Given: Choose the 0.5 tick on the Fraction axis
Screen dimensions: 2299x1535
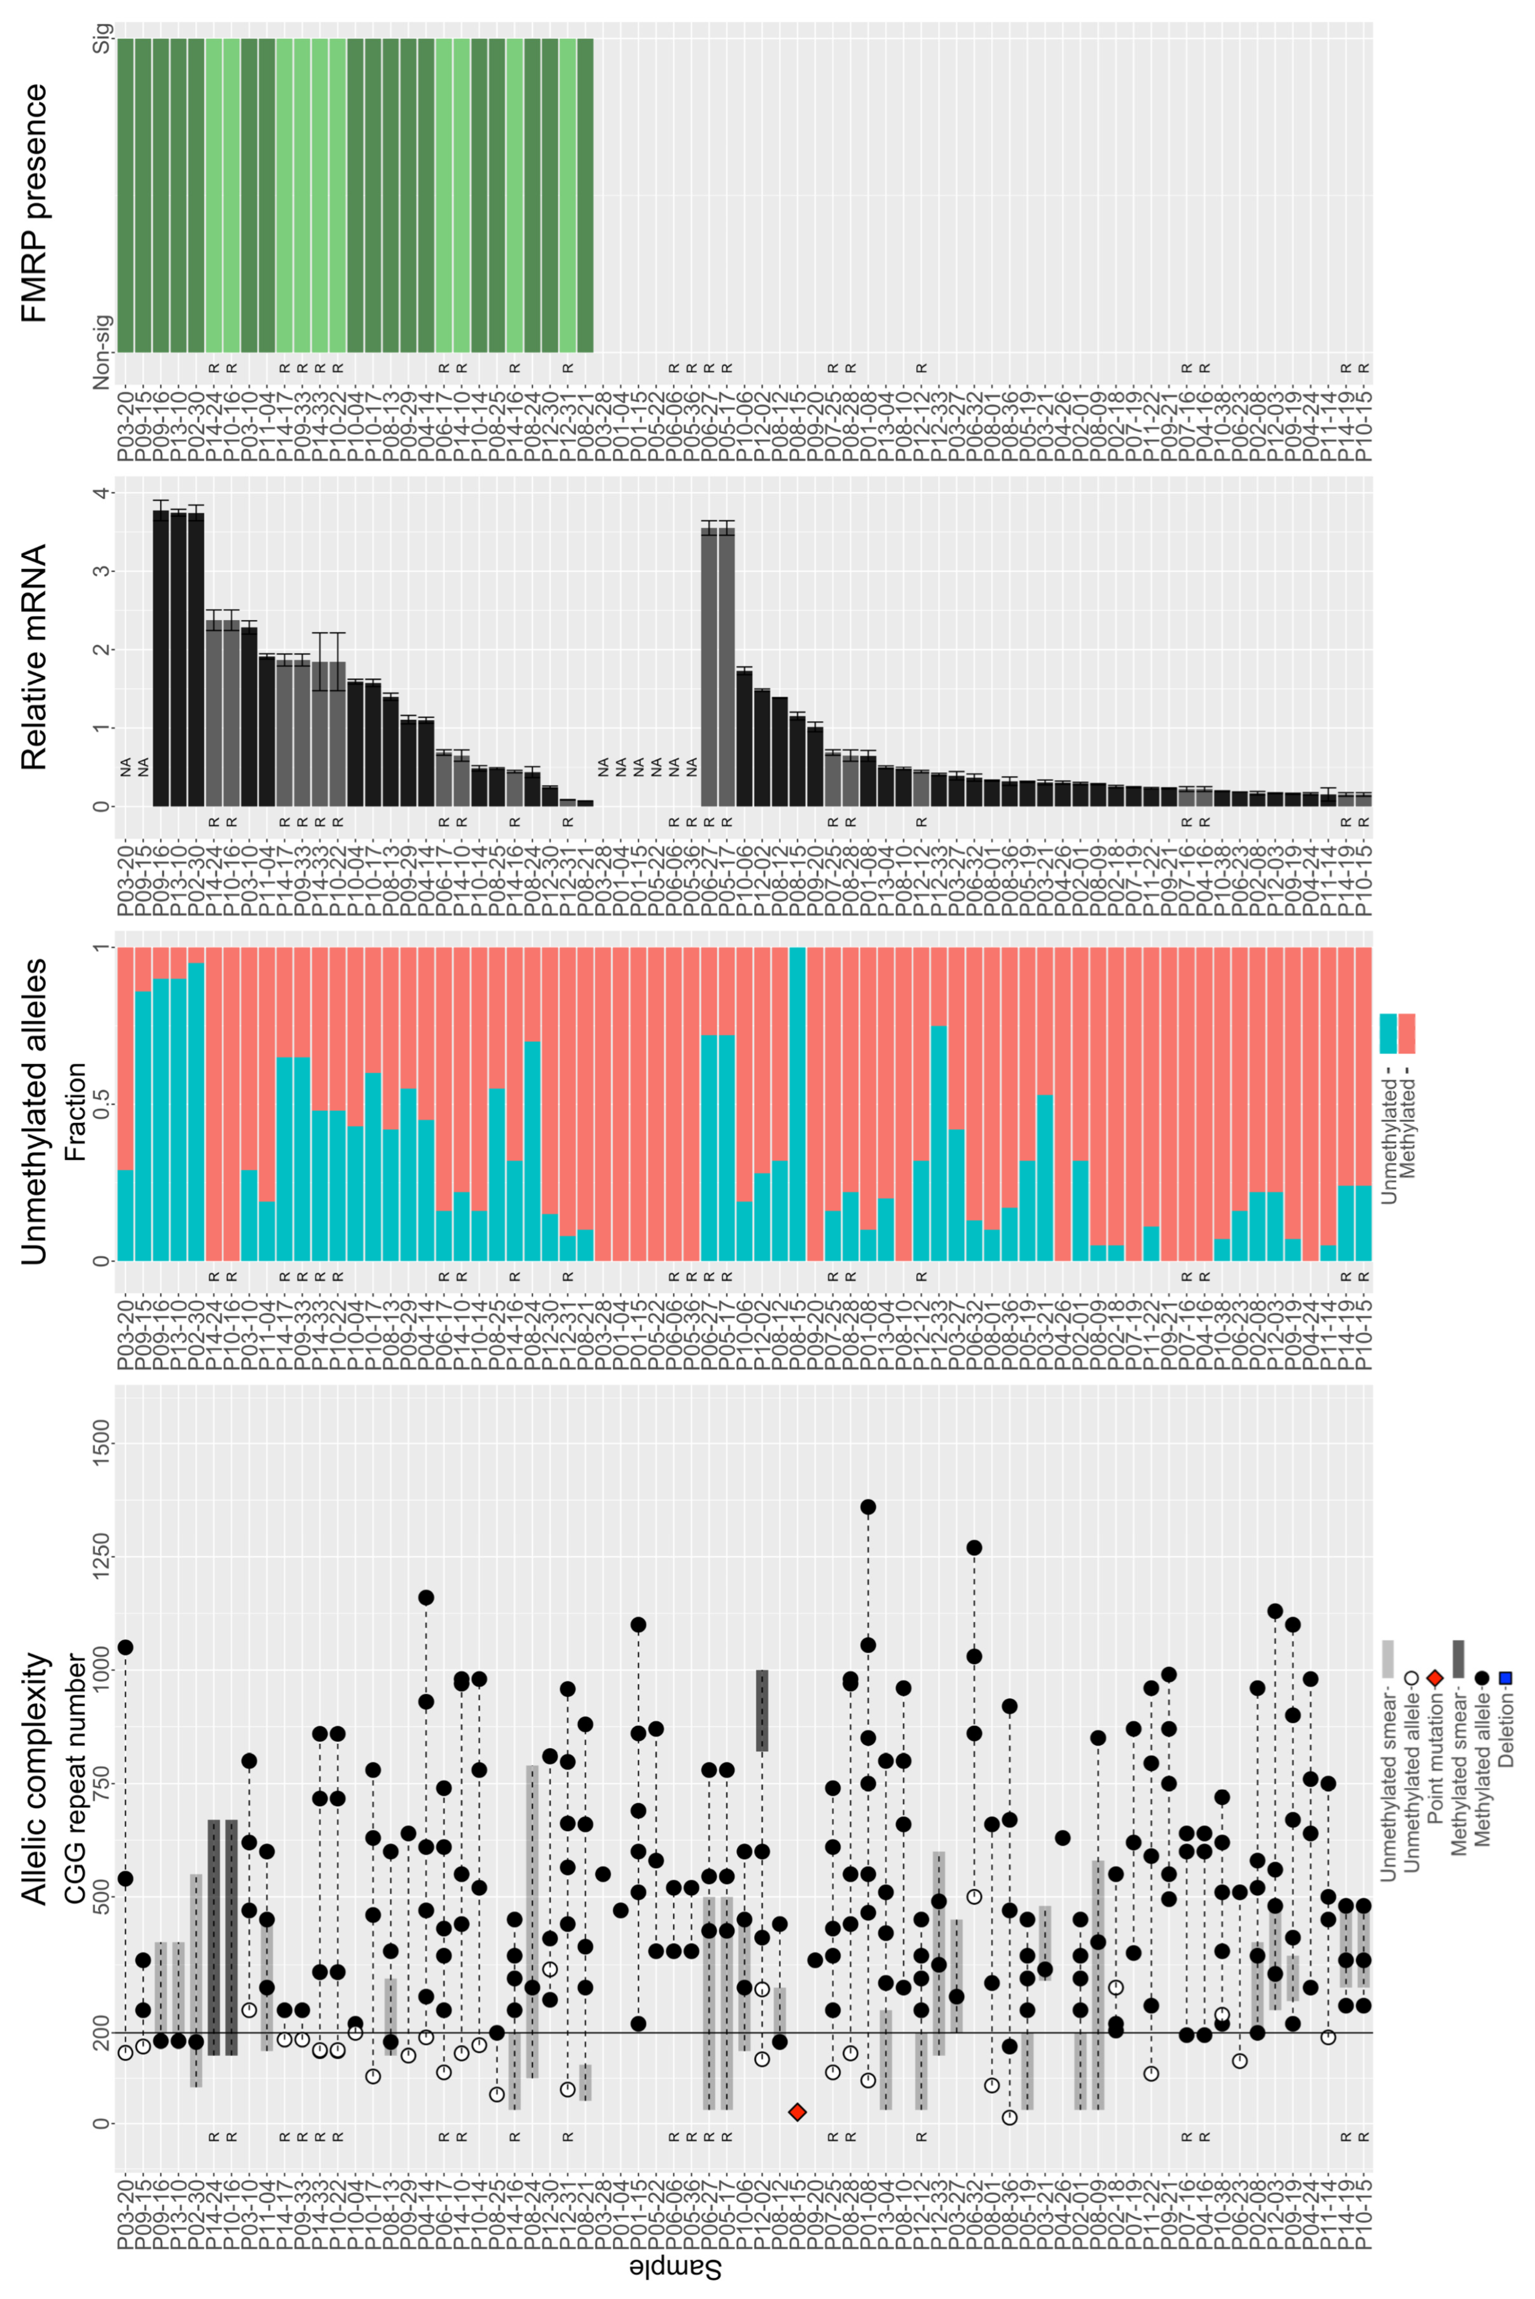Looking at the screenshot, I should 101,1104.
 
